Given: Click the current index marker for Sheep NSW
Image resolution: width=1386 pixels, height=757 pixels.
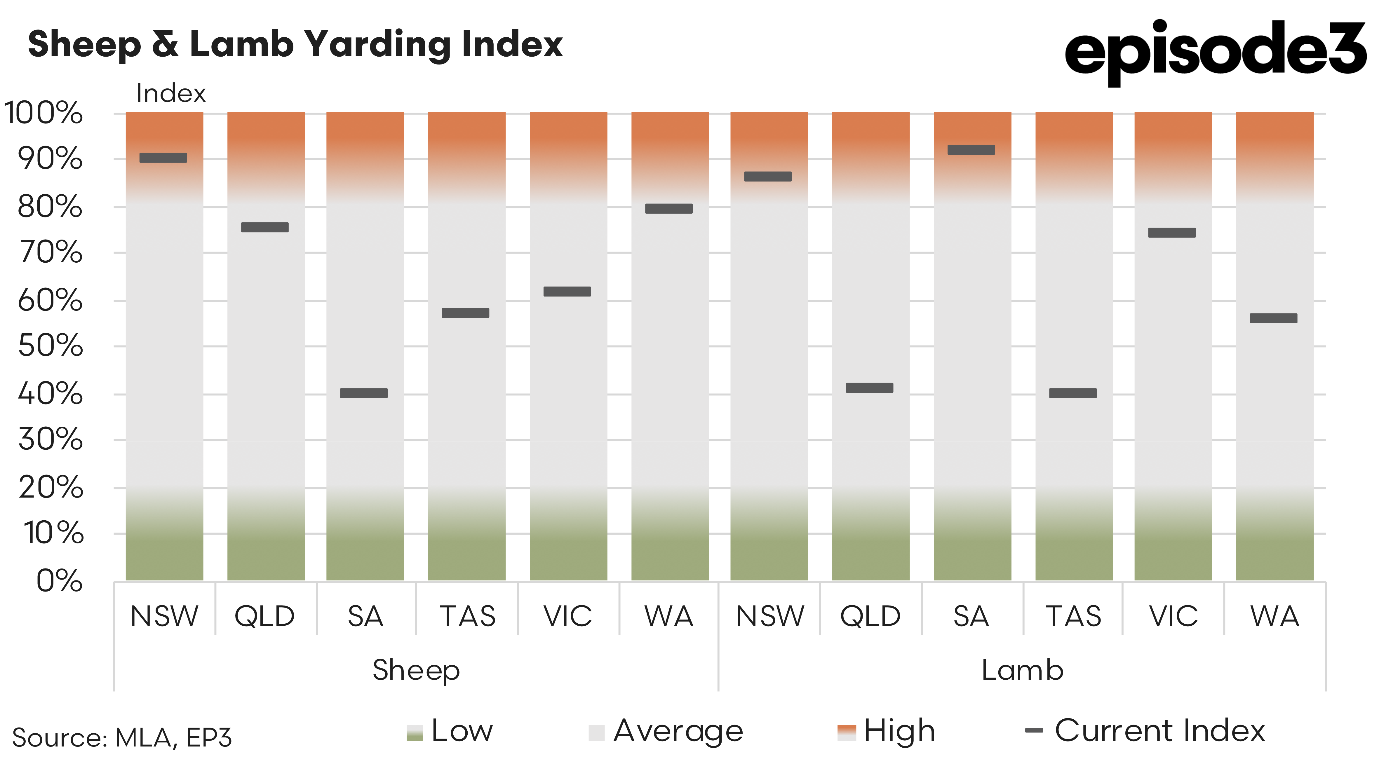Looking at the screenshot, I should pyautogui.click(x=163, y=158).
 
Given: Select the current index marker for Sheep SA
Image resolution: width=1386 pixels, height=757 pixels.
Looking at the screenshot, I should pyautogui.click(x=364, y=393).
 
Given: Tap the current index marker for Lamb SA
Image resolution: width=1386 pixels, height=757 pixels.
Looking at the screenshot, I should pyautogui.click(x=971, y=150).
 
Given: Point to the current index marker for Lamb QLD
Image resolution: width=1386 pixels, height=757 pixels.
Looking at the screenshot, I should pyautogui.click(x=870, y=388).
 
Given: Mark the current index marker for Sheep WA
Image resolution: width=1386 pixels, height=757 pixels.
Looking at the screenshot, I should pyautogui.click(x=669, y=209).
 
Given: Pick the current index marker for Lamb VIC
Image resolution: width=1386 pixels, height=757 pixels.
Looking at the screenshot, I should pyautogui.click(x=1172, y=232).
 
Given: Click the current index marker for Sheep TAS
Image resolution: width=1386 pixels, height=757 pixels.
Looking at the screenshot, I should pyautogui.click(x=465, y=313).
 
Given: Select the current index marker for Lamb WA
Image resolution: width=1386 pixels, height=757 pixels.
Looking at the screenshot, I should pyautogui.click(x=1274, y=318).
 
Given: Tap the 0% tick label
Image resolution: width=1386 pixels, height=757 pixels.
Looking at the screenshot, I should pyautogui.click(x=59, y=581).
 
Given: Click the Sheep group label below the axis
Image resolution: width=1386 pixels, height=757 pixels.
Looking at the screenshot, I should pyautogui.click(x=416, y=670).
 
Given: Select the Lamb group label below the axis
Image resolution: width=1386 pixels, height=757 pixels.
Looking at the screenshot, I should pyautogui.click(x=1022, y=670).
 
